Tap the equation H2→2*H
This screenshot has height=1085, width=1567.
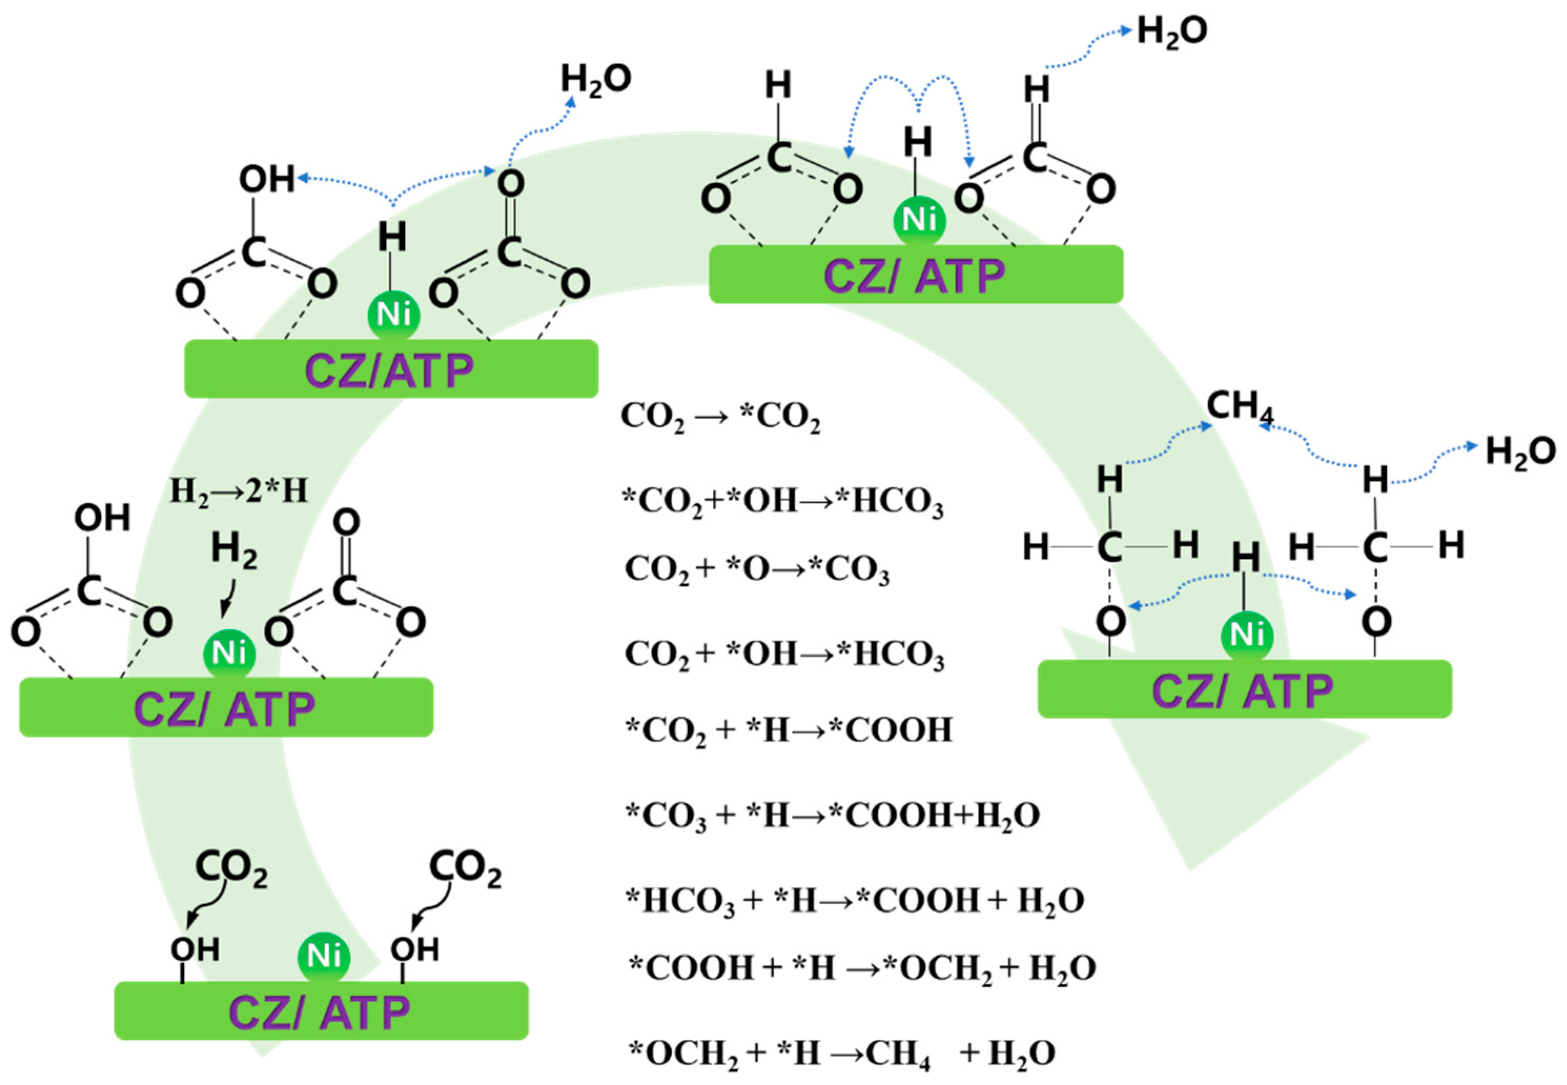[x=238, y=491]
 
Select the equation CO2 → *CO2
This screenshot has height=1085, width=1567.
[x=720, y=417]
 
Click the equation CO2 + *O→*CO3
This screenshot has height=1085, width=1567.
[x=756, y=570]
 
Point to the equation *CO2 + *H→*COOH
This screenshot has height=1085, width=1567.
[x=788, y=731]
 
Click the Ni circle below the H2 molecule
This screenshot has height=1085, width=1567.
[x=229, y=653]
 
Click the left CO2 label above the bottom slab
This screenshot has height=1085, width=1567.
[x=231, y=869]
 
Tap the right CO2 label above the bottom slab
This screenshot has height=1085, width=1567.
[x=465, y=869]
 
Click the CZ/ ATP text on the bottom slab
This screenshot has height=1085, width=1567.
[x=320, y=1013]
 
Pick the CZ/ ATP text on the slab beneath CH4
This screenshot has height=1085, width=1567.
[x=1242, y=692]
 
